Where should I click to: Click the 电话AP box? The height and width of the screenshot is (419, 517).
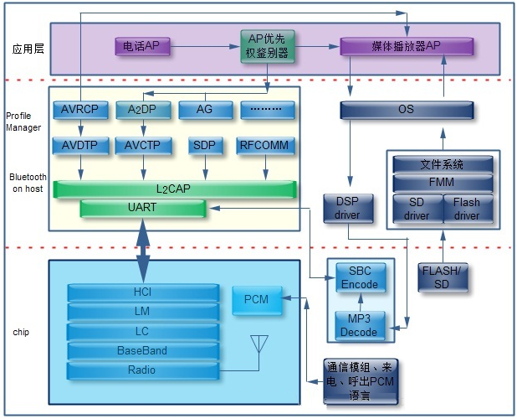[x=142, y=46]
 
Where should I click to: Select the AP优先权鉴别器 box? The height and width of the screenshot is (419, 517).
[x=268, y=46]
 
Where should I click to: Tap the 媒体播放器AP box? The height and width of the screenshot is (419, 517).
[x=407, y=46]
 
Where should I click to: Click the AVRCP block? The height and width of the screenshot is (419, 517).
[x=80, y=110]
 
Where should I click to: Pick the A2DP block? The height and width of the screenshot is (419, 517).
[x=143, y=110]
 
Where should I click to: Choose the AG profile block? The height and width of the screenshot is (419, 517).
[x=206, y=110]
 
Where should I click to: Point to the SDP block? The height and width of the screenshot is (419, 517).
[x=205, y=146]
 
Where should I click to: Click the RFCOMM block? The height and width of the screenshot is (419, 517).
[x=265, y=146]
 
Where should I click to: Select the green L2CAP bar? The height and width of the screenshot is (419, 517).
[x=175, y=189]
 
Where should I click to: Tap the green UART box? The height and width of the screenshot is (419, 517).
[x=143, y=208]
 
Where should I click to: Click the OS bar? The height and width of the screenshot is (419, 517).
[x=407, y=110]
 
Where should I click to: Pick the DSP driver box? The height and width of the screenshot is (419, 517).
[x=348, y=209]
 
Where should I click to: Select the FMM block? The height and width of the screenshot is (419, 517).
[x=443, y=183]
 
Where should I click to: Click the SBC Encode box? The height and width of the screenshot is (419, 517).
[x=361, y=277]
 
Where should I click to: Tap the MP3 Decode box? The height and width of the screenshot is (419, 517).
[x=360, y=325]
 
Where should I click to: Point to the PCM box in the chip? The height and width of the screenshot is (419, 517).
[x=257, y=300]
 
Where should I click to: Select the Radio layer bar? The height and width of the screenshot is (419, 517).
[x=143, y=370]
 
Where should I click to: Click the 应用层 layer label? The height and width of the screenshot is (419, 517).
[x=28, y=49]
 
